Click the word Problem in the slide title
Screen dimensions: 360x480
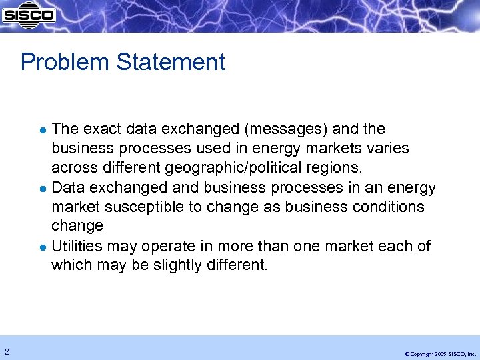tap(65, 62)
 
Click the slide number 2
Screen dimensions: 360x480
tap(6, 351)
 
